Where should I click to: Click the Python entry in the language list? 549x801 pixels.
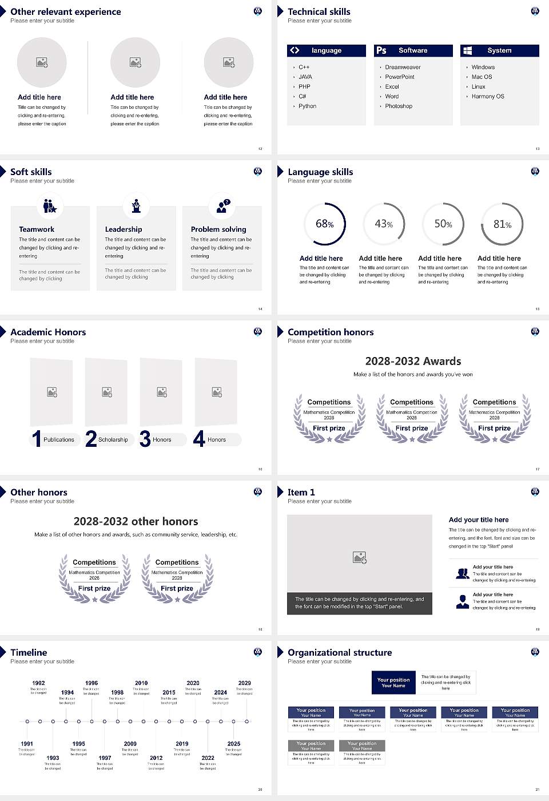tap(307, 106)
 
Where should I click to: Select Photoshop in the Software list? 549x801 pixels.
tap(399, 106)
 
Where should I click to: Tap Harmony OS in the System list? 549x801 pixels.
tap(488, 97)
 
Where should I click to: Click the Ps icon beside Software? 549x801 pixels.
tap(381, 50)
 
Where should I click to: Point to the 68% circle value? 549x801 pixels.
tap(324, 224)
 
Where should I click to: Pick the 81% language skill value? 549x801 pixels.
tap(502, 224)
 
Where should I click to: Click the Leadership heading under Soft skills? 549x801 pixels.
tap(124, 229)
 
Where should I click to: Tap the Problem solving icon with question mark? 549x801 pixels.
tap(222, 206)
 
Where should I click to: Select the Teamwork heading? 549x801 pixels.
tap(37, 229)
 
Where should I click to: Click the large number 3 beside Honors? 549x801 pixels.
tap(145, 439)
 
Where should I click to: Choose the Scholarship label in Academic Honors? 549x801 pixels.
tap(113, 440)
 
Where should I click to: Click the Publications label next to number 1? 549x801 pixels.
tap(59, 440)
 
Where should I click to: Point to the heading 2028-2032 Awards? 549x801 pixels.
tap(413, 361)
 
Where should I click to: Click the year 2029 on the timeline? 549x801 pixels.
tap(245, 683)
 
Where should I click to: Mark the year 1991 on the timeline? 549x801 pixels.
tap(27, 744)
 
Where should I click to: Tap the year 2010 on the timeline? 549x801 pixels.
tap(141, 683)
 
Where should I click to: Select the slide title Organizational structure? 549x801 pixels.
tap(340, 652)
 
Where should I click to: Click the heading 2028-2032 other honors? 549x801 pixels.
tap(136, 521)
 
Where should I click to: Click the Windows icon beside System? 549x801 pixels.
tap(467, 50)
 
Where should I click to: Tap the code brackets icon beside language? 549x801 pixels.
tap(295, 50)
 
